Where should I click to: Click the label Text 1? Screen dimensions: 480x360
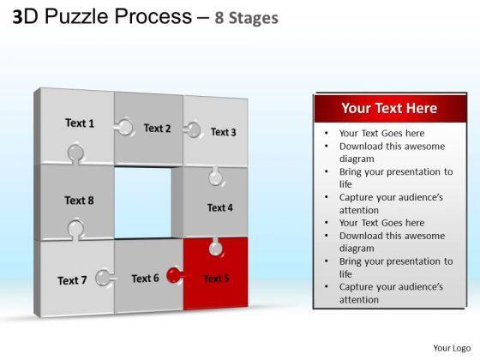tap(80, 123)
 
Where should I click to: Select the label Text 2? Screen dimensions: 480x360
tap(158, 129)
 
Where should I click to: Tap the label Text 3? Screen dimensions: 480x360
tap(224, 132)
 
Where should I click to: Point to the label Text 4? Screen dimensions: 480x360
tap(220, 207)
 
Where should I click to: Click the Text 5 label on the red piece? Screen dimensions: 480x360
tap(216, 279)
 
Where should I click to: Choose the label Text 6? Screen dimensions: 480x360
tap(146, 279)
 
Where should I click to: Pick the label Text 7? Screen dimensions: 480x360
tap(72, 280)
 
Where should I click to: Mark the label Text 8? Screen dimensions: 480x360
tap(79, 201)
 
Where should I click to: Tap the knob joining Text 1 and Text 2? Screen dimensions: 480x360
tap(123, 127)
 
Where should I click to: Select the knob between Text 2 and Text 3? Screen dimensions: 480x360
tap(193, 129)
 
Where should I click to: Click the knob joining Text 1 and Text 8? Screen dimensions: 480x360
tap(75, 153)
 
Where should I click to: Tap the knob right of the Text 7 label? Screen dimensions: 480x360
tap(105, 278)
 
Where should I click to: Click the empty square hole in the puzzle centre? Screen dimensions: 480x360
tap(143, 202)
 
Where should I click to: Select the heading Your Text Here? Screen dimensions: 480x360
tap(389, 108)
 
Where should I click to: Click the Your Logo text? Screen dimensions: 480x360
tap(452, 348)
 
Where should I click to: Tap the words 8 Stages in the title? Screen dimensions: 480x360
tap(247, 18)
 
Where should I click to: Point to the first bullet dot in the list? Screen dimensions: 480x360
tap(327, 133)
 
